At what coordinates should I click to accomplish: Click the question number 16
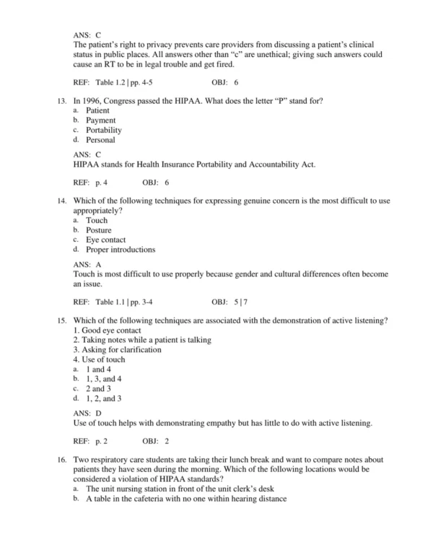tap(61, 460)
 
